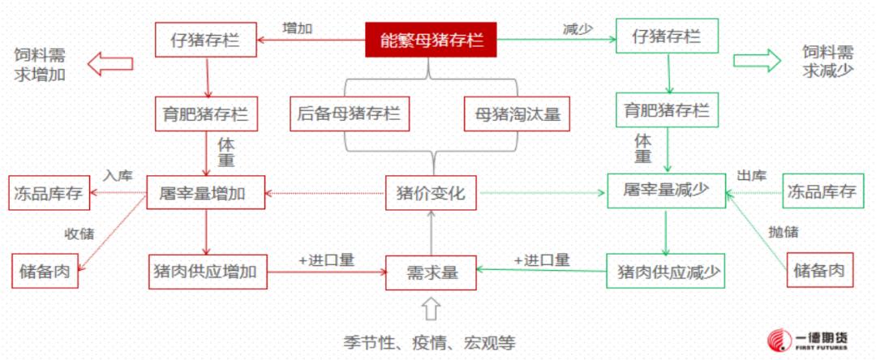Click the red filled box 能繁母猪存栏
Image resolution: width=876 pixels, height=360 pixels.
click(x=432, y=40)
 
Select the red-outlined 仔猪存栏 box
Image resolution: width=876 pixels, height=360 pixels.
click(x=205, y=40)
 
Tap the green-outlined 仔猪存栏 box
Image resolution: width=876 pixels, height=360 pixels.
click(x=667, y=36)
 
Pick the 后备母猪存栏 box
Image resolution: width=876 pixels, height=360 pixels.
click(x=350, y=114)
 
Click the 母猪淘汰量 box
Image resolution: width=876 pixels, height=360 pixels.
click(x=517, y=114)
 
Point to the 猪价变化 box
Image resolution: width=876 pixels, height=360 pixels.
click(x=431, y=193)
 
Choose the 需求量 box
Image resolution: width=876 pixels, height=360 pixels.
click(x=431, y=272)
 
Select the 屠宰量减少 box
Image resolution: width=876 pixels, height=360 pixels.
click(x=667, y=191)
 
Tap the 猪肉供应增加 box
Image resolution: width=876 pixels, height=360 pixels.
click(x=208, y=272)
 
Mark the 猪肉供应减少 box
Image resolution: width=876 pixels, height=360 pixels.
click(x=665, y=271)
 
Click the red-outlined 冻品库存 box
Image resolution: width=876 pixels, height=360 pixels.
click(x=49, y=193)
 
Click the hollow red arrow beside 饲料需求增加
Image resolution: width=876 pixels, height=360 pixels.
click(x=110, y=63)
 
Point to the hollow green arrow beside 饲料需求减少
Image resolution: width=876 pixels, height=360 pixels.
click(x=757, y=60)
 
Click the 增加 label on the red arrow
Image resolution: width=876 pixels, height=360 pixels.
click(x=297, y=28)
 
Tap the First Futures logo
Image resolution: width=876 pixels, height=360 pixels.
click(x=808, y=340)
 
